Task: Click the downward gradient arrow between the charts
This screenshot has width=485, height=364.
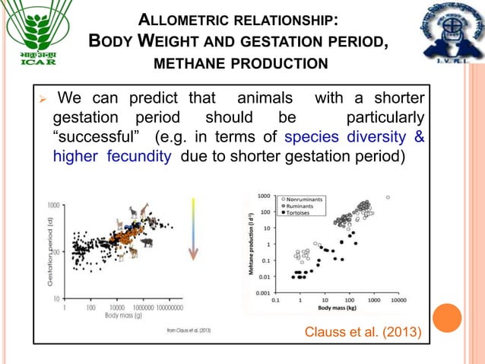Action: (x=194, y=228)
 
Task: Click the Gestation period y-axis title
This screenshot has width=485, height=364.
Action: (x=49, y=251)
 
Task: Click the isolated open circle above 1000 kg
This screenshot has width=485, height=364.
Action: (x=388, y=197)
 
